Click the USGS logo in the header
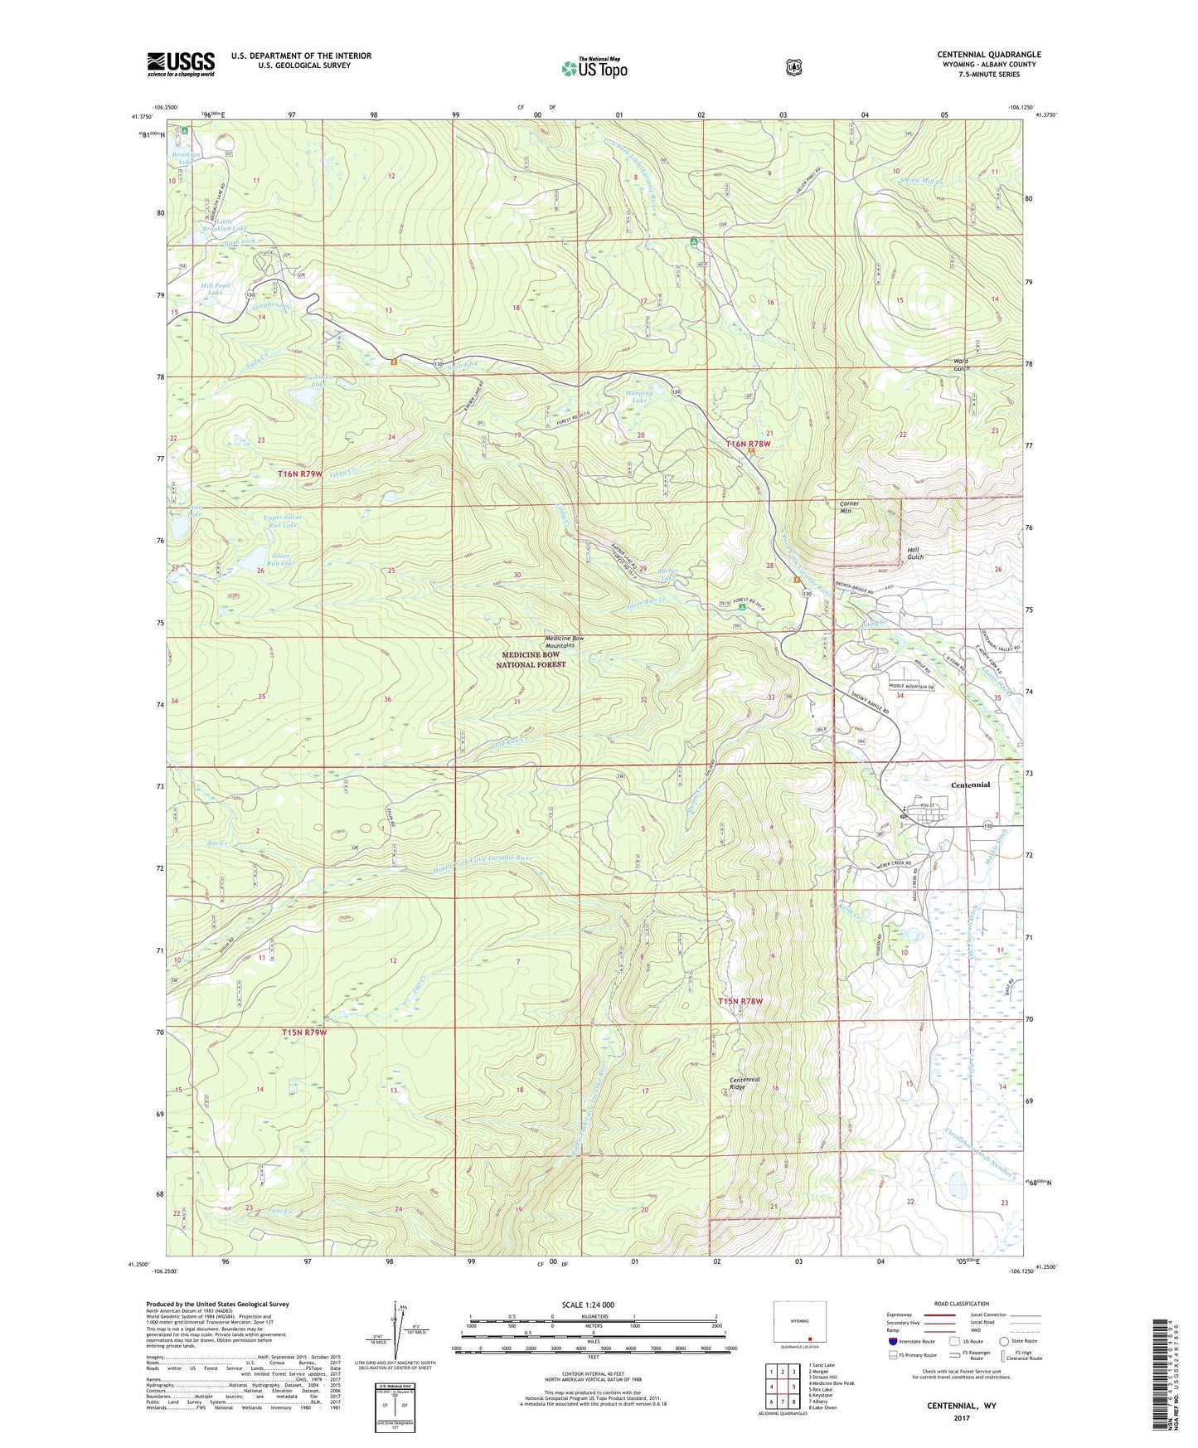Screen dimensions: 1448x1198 tap(181, 64)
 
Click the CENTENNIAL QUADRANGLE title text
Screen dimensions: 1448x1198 tap(988, 55)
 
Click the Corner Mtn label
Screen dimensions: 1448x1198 tap(850, 507)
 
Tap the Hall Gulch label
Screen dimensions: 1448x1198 tap(914, 553)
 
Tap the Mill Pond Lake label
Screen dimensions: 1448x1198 tap(211, 289)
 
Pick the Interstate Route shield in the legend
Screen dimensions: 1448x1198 tap(892, 1341)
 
